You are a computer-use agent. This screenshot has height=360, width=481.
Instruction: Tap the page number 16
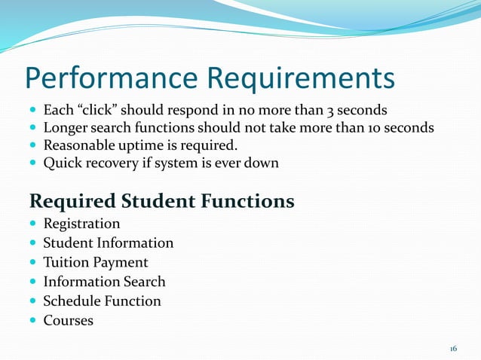point(453,349)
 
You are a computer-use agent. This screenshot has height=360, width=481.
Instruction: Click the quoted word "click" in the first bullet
point(98,108)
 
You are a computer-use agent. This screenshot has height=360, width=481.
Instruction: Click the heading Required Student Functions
point(161,202)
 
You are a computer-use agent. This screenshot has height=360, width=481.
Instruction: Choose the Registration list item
point(81,224)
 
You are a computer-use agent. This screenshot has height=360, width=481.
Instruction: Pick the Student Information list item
point(108,243)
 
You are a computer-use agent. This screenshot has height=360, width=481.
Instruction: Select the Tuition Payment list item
point(95,263)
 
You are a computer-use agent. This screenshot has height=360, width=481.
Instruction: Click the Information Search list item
point(104,282)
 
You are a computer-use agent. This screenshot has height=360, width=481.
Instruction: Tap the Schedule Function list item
point(102,301)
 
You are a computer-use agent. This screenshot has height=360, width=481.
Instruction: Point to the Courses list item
point(68,321)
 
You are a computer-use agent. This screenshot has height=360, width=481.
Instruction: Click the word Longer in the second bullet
point(64,127)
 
